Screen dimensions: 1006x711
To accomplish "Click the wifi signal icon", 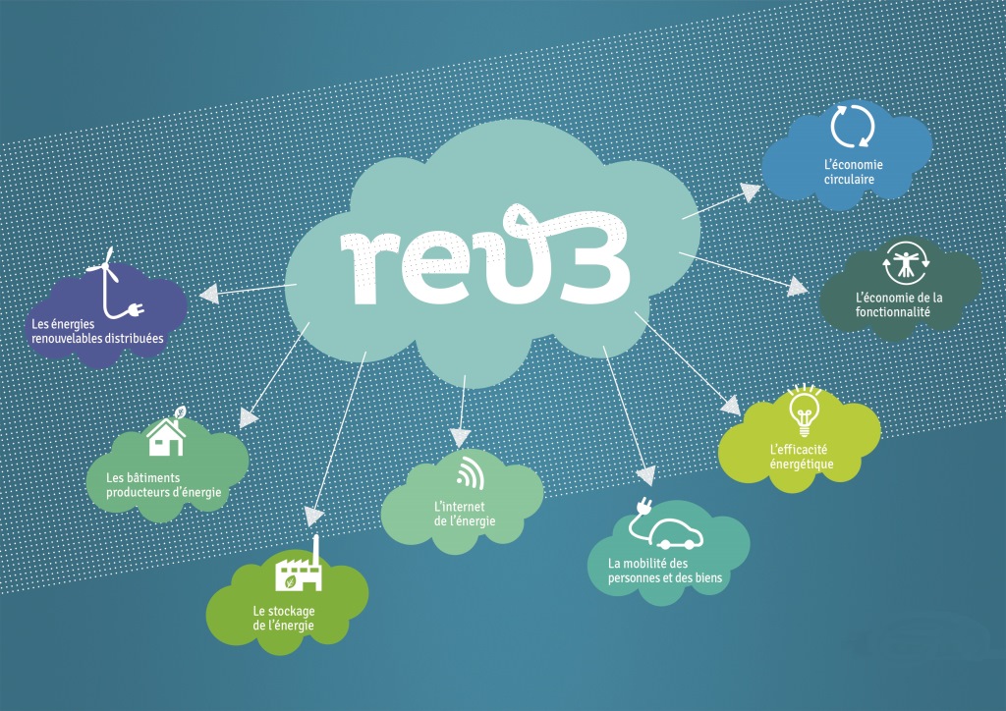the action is click(x=471, y=472).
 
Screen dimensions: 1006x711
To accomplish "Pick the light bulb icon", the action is click(x=804, y=410).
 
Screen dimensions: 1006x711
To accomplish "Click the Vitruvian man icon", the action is click(x=905, y=263).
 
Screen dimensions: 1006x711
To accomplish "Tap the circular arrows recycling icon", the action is click(x=853, y=127).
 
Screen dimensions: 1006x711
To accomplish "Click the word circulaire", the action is click(x=849, y=180).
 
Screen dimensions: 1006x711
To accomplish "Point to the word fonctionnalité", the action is click(x=892, y=312).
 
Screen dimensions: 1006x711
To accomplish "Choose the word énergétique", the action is click(x=802, y=465).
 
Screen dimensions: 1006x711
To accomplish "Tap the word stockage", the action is click(x=293, y=612).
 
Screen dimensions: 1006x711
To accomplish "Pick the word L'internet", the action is click(x=460, y=507).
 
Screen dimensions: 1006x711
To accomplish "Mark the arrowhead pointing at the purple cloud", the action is click(x=209, y=295).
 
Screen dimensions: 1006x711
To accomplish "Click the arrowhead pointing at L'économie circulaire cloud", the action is click(x=750, y=191).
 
